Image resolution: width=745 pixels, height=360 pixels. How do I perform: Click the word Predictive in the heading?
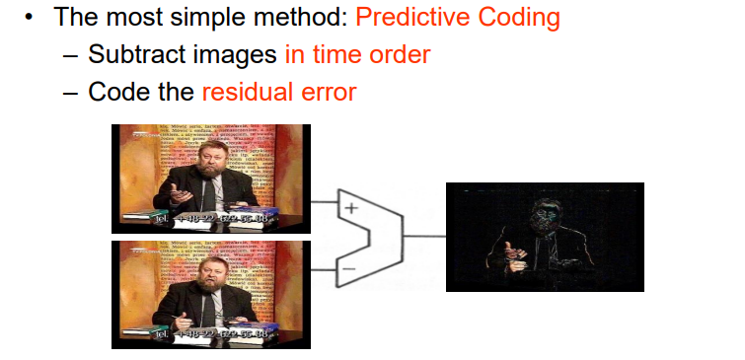pyautogui.click(x=417, y=17)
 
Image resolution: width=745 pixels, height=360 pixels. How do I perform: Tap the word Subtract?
pyautogui.click(x=133, y=54)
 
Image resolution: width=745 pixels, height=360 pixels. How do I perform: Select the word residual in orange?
pyautogui.click(x=247, y=92)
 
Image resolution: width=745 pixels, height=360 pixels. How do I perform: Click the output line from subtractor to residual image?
pyautogui.click(x=424, y=237)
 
